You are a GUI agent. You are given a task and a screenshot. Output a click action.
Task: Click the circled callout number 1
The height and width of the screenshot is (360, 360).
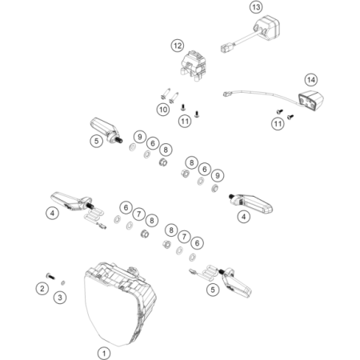104,354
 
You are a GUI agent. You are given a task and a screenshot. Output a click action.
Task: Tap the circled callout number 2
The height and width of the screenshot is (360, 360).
42,288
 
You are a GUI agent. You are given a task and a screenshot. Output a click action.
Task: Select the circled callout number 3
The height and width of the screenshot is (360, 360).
60,297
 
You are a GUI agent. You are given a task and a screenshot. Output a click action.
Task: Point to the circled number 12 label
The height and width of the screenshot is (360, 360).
178,46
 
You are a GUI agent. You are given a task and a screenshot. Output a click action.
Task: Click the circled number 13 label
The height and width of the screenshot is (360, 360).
256,7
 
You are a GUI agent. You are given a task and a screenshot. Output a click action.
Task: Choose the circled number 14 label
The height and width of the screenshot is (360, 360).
311,80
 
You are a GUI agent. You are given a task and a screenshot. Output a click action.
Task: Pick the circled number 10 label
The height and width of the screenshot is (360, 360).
163,110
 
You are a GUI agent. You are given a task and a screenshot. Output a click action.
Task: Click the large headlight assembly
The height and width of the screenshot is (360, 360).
120,304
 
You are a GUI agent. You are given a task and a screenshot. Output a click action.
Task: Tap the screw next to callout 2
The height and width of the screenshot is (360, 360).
50,276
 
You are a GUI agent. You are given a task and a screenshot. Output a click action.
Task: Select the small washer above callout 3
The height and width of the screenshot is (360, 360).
63,282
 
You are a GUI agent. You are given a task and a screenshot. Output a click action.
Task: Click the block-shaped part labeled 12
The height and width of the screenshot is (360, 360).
194,66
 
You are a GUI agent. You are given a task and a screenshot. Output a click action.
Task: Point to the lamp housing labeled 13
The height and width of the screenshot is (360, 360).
266,28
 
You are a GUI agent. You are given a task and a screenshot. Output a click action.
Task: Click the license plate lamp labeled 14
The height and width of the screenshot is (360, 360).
311,101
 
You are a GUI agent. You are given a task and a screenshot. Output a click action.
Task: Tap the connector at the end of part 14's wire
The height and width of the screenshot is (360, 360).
226,94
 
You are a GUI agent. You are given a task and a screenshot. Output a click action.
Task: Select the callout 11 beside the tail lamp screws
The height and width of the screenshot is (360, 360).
278,124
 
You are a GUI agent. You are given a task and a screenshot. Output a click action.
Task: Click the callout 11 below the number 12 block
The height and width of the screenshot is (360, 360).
185,122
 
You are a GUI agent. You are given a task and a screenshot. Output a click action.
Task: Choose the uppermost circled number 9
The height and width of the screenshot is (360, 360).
140,137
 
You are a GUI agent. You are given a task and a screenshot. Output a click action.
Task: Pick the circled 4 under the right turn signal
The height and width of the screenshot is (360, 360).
244,217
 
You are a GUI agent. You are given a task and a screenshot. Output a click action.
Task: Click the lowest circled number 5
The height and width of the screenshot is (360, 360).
213,290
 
